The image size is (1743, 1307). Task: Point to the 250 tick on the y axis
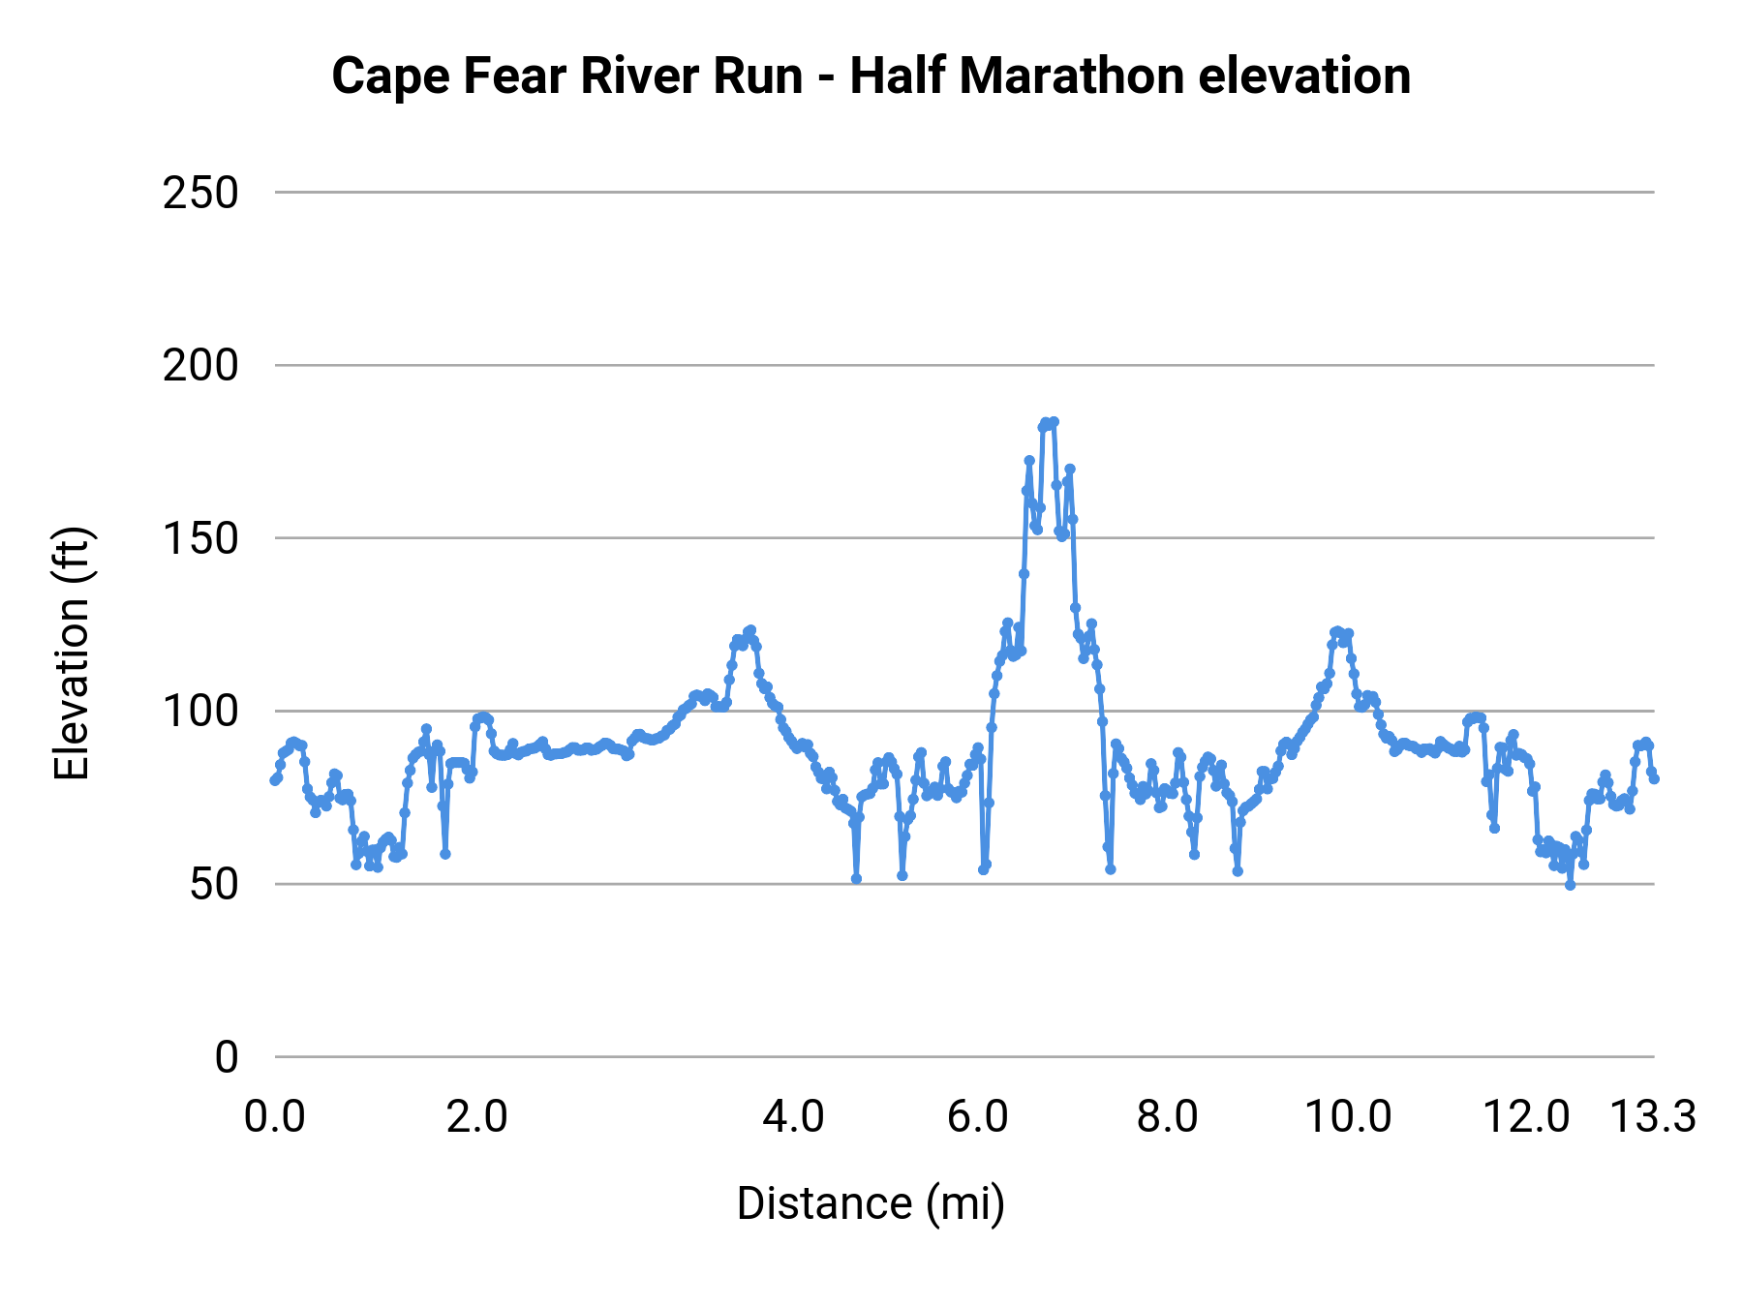pos(200,194)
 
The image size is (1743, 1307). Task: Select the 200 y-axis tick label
pos(200,366)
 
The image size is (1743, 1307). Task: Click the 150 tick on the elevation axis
pos(200,539)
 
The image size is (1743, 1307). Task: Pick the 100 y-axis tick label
pos(200,712)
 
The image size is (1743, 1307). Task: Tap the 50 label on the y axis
pos(213,885)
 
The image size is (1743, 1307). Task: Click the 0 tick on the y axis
pos(226,1057)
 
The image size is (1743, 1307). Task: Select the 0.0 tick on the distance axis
pos(275,1117)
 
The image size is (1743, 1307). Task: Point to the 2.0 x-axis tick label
pos(476,1117)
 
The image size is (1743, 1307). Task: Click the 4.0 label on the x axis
pos(793,1117)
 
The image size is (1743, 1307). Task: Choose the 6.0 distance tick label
pos(978,1117)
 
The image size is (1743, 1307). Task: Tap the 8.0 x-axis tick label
pos(1167,1117)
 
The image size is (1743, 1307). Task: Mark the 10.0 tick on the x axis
pos(1348,1117)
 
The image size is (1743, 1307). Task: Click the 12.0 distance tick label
pos(1526,1117)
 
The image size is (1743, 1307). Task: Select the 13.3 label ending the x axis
pos(1653,1117)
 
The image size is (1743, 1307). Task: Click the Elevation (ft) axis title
pos(72,653)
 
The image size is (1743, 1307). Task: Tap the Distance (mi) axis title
pos(871,1203)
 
